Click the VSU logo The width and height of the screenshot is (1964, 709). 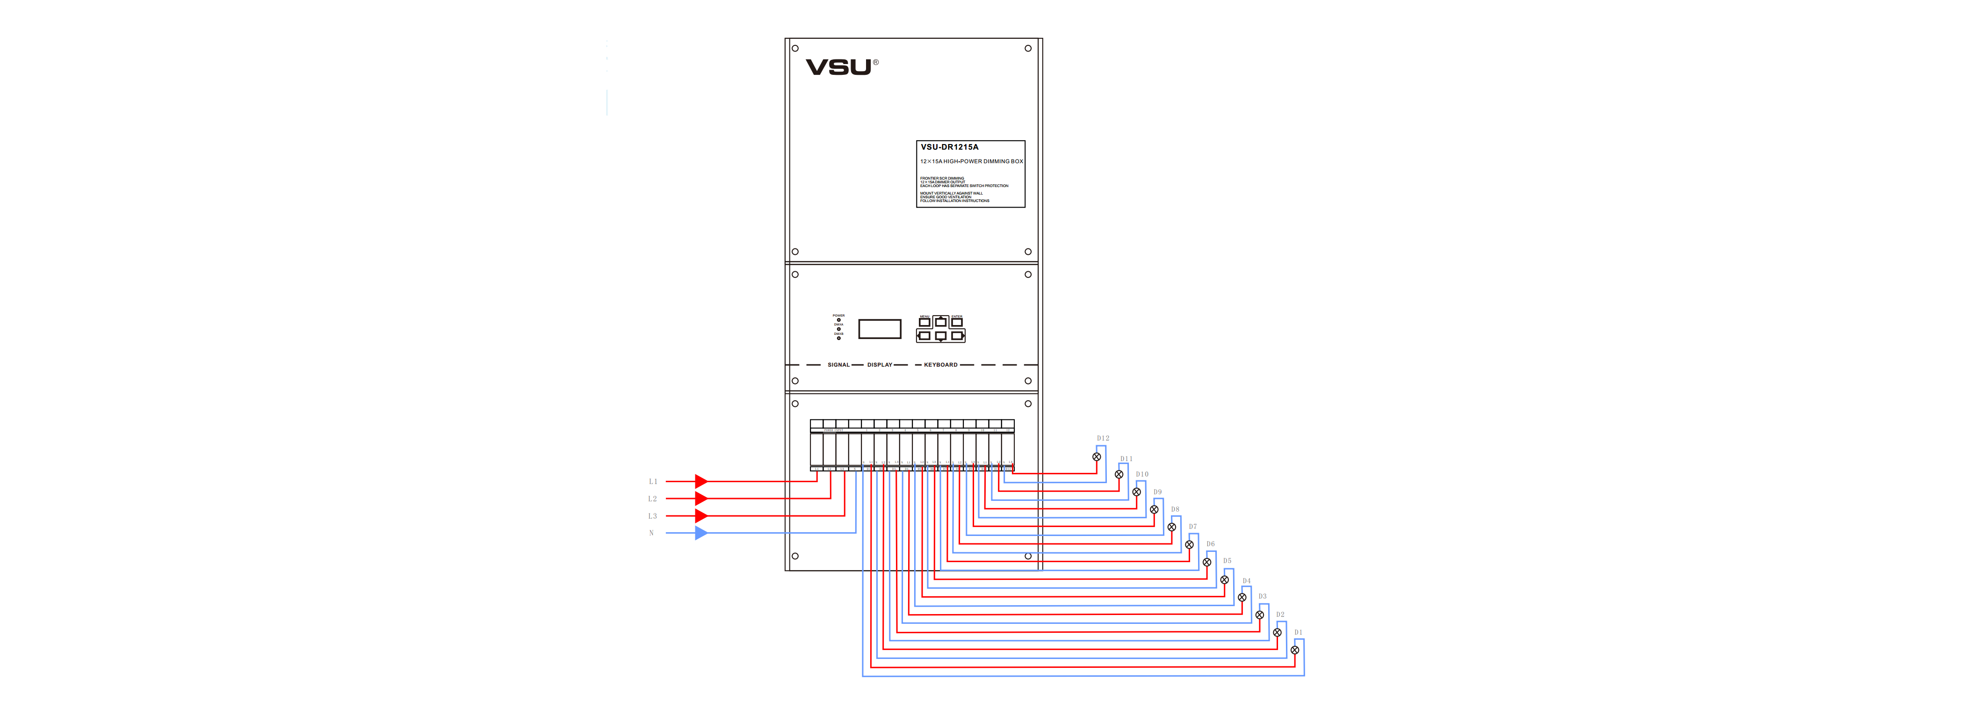pyautogui.click(x=839, y=67)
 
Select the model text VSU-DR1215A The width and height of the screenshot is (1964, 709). pyautogui.click(x=949, y=147)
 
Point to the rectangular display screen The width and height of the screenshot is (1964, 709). pyautogui.click(x=880, y=329)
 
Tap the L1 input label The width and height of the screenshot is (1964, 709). pyautogui.click(x=653, y=482)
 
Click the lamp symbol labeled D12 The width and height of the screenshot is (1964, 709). pyautogui.click(x=1097, y=456)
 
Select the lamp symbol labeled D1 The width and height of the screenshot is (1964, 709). pyautogui.click(x=1294, y=650)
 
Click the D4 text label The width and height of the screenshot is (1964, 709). pyautogui.click(x=1247, y=581)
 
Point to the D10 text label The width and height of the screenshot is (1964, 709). pyautogui.click(x=1142, y=474)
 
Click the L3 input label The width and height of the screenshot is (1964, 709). pyautogui.click(x=653, y=516)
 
